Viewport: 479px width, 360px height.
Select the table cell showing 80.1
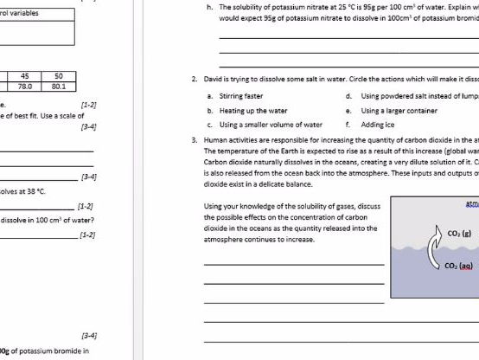[x=58, y=87]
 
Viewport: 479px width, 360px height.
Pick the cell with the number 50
[x=58, y=75]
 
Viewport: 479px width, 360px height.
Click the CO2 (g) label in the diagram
[x=459, y=233]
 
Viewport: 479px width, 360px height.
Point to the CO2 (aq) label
[x=458, y=266]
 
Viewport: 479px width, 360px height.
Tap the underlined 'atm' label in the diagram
[x=472, y=204]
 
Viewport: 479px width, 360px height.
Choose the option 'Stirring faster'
[x=242, y=96]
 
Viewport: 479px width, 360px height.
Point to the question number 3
[x=195, y=139]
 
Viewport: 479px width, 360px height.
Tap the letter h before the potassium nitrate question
[x=209, y=7]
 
